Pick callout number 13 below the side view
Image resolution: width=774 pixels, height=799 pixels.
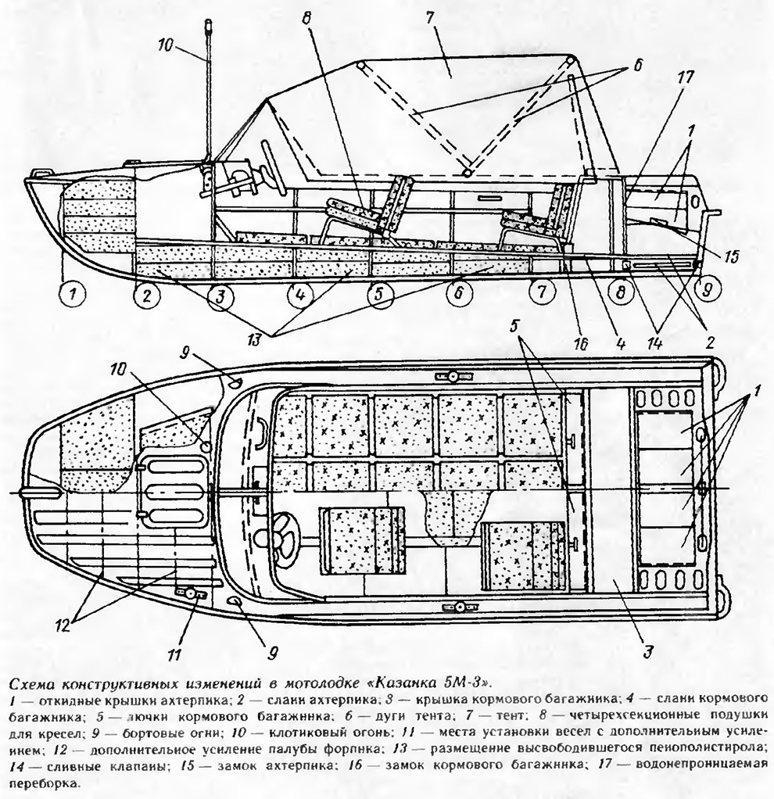[253, 339]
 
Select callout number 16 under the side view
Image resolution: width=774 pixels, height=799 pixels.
[581, 344]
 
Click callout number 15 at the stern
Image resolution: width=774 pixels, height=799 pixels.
[730, 256]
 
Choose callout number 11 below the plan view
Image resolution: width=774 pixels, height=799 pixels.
[174, 654]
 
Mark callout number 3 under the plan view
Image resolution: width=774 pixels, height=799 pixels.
[647, 651]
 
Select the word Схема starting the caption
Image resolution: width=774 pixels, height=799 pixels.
[35, 682]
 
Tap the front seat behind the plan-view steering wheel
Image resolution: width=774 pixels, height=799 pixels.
[362, 541]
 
